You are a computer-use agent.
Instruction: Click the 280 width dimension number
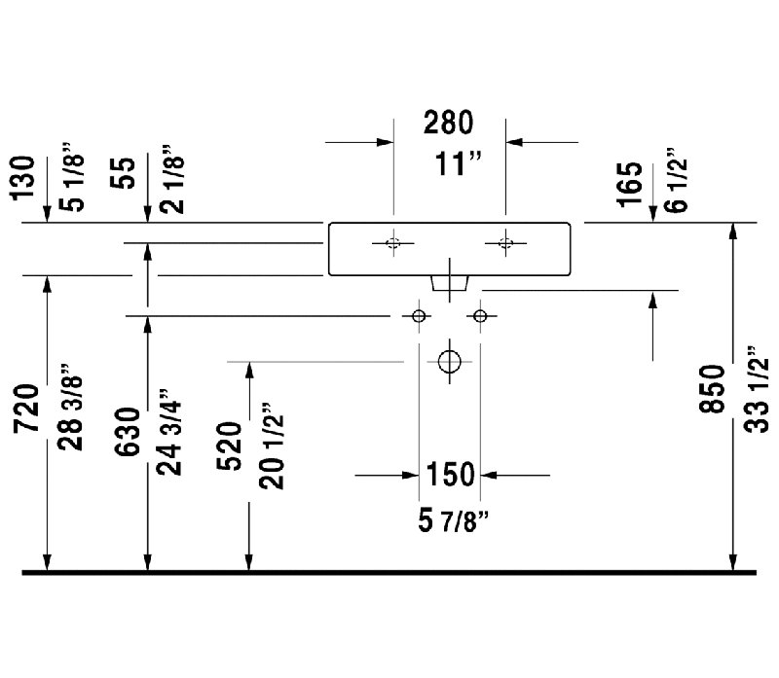coord(448,124)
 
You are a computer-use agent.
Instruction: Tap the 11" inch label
coord(458,163)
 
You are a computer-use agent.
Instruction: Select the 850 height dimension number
coord(713,389)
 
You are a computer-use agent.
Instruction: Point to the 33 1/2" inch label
coord(757,389)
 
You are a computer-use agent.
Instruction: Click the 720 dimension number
coord(26,408)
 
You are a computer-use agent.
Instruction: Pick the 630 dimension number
coord(128,432)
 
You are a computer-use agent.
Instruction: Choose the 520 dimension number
coord(229,446)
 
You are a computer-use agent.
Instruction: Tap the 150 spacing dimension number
coord(451,474)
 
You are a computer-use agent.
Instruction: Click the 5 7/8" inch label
coord(454,521)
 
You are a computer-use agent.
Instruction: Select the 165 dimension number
coord(629,184)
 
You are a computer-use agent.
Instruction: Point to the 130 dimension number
coord(22,178)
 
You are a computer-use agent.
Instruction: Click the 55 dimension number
coord(123,173)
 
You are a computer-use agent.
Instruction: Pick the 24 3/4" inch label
coord(168,432)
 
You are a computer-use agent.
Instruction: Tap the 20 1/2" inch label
coord(272,446)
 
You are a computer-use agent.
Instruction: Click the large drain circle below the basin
coord(450,361)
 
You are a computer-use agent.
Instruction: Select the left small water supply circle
coord(419,316)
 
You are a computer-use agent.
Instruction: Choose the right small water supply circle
coord(480,316)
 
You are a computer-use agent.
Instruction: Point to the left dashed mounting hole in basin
coord(393,243)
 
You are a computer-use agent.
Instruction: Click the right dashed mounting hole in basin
coord(505,243)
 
